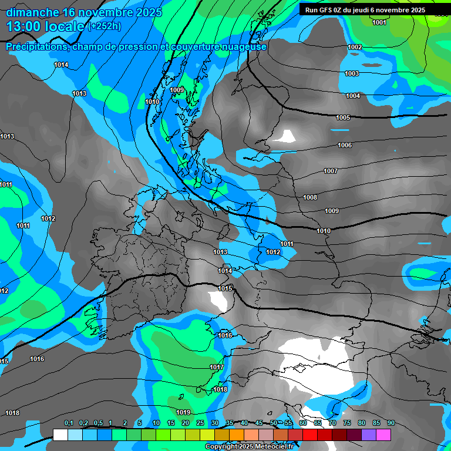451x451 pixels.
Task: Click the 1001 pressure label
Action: pos(379,22)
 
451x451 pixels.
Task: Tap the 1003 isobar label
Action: pos(352,73)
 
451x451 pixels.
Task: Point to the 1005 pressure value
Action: pos(343,117)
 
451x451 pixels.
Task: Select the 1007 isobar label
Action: pos(331,171)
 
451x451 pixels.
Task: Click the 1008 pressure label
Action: pos(310,197)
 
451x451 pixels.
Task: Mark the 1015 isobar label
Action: pos(225,288)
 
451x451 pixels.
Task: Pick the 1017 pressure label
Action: pos(217,367)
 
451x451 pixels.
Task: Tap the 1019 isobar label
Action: pos(183,412)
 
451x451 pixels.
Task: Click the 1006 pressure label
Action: pos(345,145)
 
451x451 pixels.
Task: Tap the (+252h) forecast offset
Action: pos(104,26)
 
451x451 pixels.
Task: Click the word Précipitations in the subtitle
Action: pos(36,46)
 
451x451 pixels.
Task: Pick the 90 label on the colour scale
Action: pos(391,423)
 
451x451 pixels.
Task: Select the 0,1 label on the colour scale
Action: pos(69,423)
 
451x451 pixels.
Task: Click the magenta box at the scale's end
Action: pos(383,434)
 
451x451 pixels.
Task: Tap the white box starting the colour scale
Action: pos(60,434)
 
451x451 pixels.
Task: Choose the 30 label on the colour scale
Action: pos(215,423)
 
